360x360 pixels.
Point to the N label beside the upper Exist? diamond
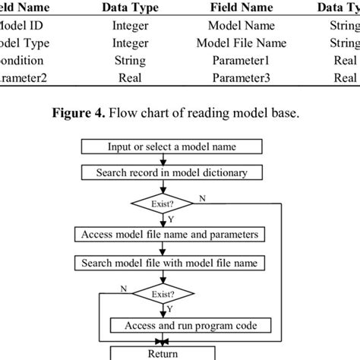point(201,197)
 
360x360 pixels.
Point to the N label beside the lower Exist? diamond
point(123,288)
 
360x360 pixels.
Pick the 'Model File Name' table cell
point(241,42)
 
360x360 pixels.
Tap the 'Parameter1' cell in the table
point(241,60)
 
